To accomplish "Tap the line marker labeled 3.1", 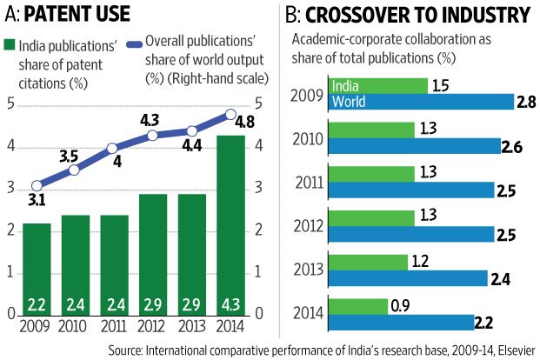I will coord(36,185).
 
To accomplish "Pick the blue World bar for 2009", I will coord(421,102).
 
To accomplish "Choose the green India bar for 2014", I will coord(357,306).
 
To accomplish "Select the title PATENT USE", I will coord(78,14).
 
